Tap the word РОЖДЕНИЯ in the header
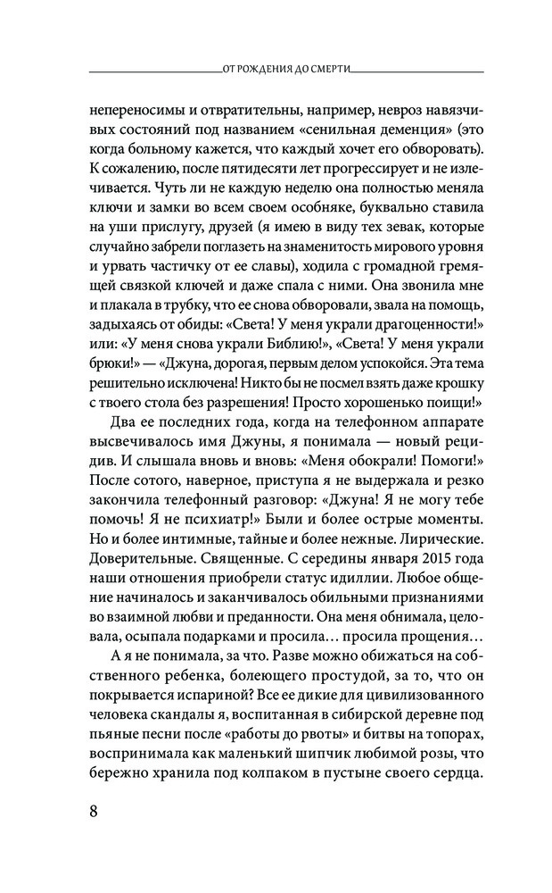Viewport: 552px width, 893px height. point(271,65)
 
